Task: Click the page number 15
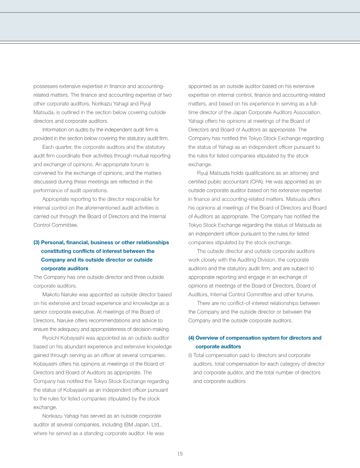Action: tap(180, 454)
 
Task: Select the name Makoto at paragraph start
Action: tap(51, 294)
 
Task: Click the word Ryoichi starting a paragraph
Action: tap(52, 338)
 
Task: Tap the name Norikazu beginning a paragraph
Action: tap(53, 416)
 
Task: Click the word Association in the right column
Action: tap(304, 112)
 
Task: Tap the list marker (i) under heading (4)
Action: tap(190, 355)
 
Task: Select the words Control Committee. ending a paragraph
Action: tap(56, 225)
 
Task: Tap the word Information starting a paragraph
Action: tap(54, 129)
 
